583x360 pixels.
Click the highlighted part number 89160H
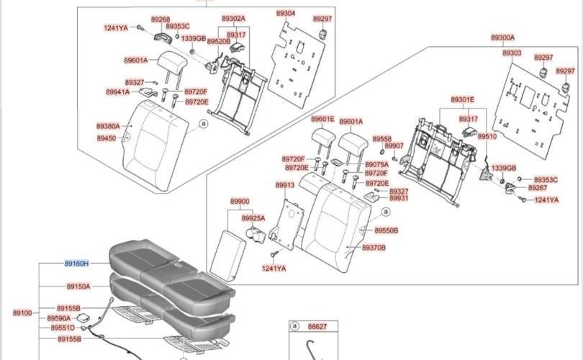[76, 264]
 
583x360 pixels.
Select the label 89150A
[78, 287]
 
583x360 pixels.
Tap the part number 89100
[22, 313]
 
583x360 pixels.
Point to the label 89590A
[59, 318]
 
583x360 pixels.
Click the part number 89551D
[63, 328]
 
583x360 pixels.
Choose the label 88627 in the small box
[317, 327]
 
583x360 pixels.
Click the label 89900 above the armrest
[240, 202]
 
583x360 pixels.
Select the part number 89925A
[253, 218]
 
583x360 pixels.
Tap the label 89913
[285, 185]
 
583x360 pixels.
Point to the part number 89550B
[387, 230]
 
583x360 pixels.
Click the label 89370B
[374, 248]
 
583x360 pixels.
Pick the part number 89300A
[502, 37]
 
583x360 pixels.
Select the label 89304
[286, 14]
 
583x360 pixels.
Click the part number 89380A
[108, 127]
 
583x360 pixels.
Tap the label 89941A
[118, 92]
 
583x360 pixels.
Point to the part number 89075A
[376, 164]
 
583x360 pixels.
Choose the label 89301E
[463, 99]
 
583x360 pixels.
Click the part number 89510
[487, 137]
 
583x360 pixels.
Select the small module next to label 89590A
[82, 317]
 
